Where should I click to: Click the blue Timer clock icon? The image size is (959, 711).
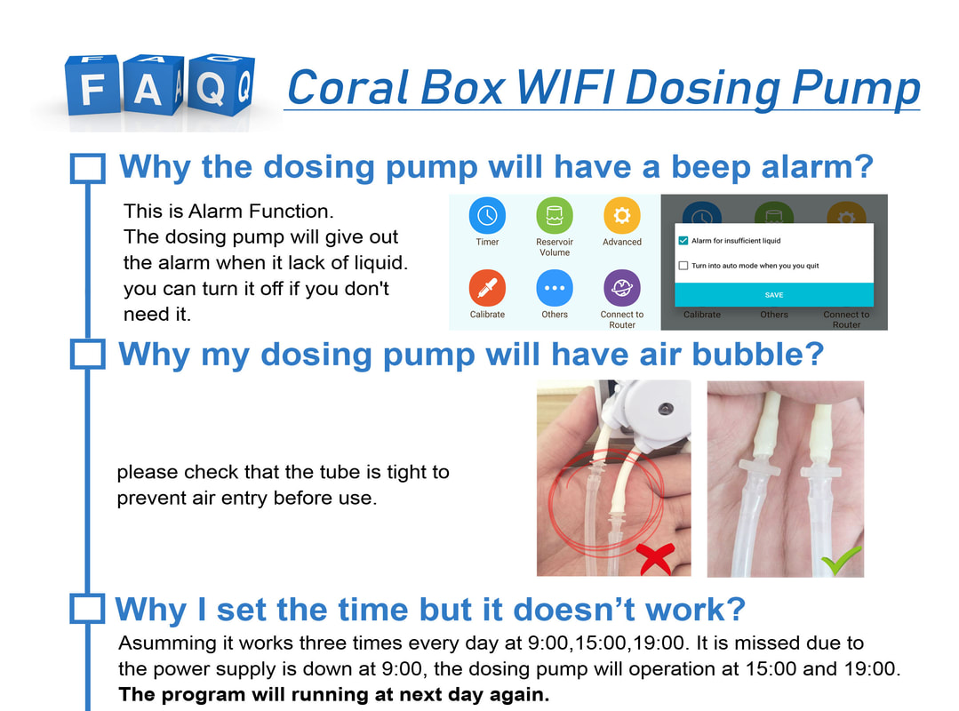pos(487,215)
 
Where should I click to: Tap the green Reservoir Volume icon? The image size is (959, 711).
pos(554,215)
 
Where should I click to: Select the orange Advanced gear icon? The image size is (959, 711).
pos(622,215)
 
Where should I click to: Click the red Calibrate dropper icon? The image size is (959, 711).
pos(487,287)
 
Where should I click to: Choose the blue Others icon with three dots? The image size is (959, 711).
pos(554,287)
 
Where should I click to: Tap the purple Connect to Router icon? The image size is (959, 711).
pos(622,287)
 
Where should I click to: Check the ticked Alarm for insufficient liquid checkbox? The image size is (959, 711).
pos(683,240)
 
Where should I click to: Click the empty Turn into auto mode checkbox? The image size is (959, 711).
pos(683,266)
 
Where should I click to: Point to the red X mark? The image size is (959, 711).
pos(655,559)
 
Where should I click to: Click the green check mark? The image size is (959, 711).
pos(841,560)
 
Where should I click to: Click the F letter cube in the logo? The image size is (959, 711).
pos(92,84)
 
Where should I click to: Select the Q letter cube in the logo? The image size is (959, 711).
pos(221,84)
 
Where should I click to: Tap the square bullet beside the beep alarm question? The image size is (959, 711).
pos(88,168)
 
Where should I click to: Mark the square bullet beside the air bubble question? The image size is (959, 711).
pos(88,355)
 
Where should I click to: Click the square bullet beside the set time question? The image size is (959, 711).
pos(87,609)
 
